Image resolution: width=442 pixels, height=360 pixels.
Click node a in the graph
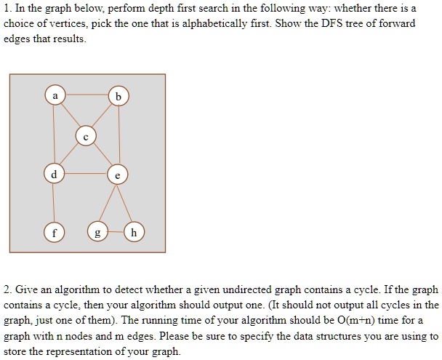pos(55,95)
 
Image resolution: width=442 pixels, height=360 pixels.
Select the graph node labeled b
pos(118,96)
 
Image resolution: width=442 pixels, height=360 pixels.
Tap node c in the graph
pos(86,136)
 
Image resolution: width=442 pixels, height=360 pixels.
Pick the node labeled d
pos(54,174)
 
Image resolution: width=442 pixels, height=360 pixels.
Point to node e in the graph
pos(118,175)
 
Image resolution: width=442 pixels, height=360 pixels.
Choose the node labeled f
pos(54,233)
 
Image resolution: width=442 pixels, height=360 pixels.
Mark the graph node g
pos(97,232)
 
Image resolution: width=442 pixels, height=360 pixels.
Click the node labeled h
pos(134,232)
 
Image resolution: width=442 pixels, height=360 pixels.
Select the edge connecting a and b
pos(87,95)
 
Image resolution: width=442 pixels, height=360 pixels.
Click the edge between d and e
pos(86,174)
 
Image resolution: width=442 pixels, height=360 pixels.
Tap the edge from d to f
pos(54,203)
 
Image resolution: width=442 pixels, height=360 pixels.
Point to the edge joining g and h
pos(116,232)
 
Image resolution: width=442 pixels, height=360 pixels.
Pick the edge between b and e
pos(119,135)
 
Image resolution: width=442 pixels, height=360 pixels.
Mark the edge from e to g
pos(108,203)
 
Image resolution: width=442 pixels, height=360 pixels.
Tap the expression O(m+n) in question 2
pos(355,320)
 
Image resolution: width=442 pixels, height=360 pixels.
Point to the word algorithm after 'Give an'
pos(77,290)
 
